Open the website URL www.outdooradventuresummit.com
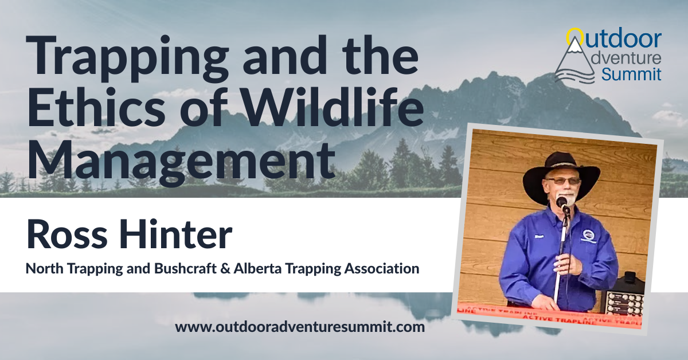(x=300, y=328)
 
